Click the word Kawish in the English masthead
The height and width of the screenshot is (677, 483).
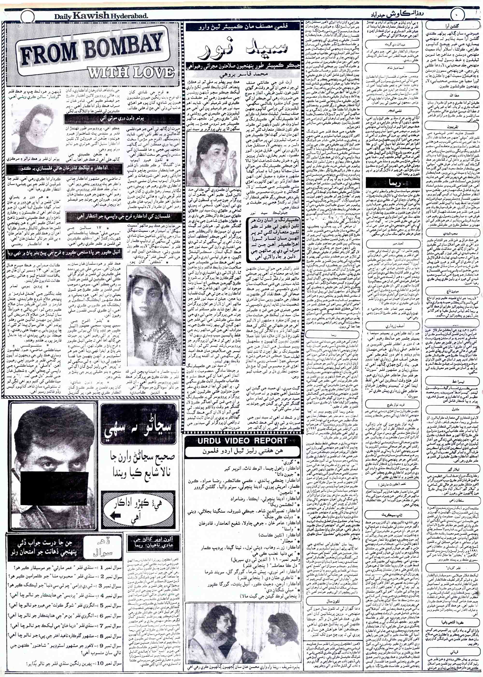(90, 17)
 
